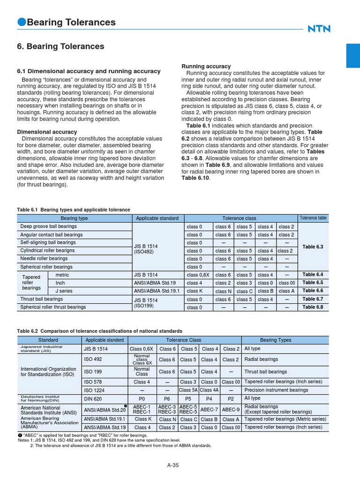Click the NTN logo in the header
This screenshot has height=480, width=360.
[x=319, y=29]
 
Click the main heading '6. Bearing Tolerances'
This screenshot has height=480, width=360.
[x=60, y=46]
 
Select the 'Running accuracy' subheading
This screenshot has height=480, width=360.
[x=206, y=67]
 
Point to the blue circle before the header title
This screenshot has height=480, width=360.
[x=21, y=22]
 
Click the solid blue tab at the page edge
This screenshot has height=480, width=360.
[x=352, y=55]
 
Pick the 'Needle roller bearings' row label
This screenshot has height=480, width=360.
[x=44, y=258]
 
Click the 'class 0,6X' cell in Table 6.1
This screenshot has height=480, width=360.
[x=197, y=275]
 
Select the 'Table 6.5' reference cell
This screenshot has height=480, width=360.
[x=313, y=283]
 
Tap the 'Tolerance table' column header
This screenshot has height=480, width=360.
[x=313, y=218]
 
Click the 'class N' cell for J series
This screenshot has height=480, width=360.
[x=223, y=291]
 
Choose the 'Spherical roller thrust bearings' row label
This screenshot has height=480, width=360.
[x=53, y=307]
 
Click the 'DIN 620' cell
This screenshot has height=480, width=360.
[x=92, y=398]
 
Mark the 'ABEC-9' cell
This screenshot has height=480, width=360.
[x=231, y=409]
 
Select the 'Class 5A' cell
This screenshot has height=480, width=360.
[x=188, y=390]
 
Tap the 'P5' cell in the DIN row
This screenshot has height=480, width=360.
[x=188, y=398]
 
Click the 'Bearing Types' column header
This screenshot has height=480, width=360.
[x=275, y=340]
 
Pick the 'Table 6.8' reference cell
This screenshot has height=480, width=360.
[x=313, y=307]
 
